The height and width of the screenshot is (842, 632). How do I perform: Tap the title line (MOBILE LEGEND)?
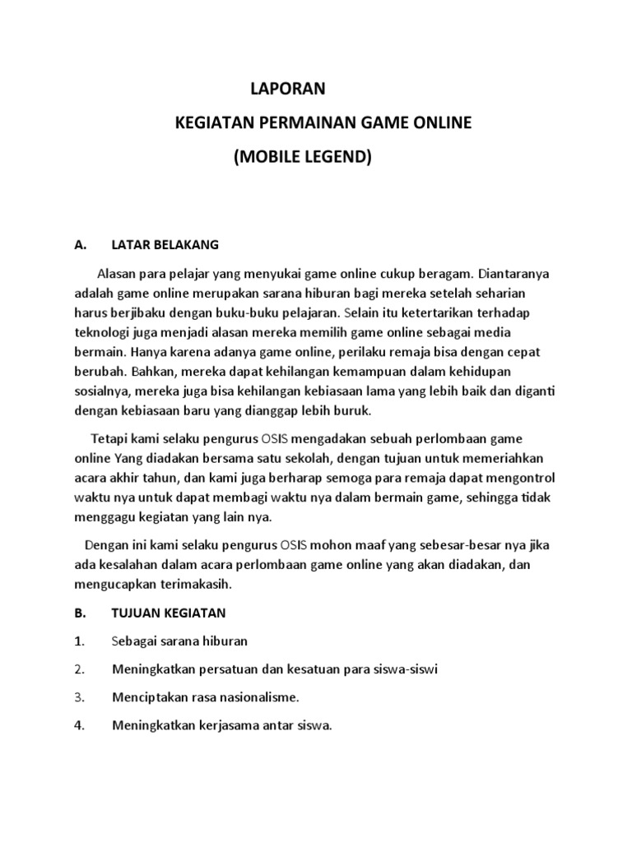point(303,157)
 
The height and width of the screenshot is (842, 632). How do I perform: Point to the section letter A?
point(80,245)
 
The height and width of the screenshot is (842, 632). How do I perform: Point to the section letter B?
point(80,613)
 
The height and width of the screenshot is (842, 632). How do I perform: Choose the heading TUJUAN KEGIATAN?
point(169,613)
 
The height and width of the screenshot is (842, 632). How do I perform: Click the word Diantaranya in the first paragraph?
point(513,273)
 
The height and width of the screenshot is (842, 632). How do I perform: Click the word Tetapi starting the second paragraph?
point(111,439)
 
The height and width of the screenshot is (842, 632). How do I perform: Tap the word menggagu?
point(100,517)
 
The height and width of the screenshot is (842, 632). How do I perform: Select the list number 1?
point(78,641)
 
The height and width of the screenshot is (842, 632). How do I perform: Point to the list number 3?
point(79,697)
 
